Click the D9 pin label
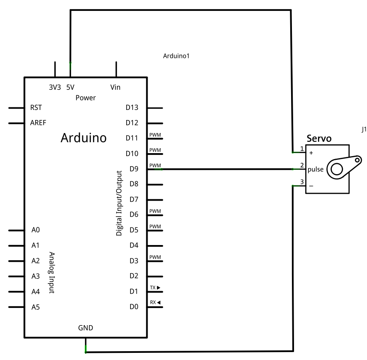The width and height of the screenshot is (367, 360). point(134,169)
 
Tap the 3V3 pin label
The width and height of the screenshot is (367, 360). point(55,87)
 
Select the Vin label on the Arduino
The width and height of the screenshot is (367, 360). point(115,87)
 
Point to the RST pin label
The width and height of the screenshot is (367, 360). point(36,107)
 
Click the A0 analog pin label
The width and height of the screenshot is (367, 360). point(35,230)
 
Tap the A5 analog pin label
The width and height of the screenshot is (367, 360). point(35,307)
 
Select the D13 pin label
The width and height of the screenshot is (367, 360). point(132,107)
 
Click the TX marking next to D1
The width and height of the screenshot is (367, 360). point(155,288)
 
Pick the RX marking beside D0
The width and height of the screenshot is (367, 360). point(155,303)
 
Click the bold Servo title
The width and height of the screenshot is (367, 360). point(320,138)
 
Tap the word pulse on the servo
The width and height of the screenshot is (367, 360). point(315,170)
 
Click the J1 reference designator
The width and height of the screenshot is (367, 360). point(364,130)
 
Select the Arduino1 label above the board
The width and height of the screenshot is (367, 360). point(177,55)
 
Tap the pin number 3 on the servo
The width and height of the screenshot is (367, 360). point(302,181)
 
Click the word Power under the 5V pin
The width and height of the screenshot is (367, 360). point(86,98)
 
